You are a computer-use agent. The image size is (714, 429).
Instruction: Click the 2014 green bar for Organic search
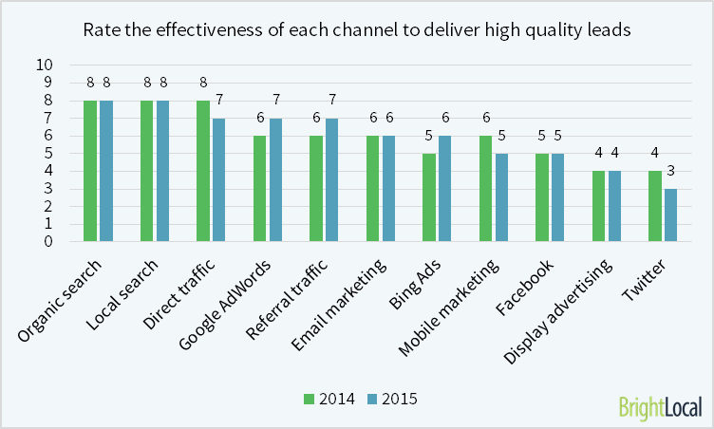pos(90,171)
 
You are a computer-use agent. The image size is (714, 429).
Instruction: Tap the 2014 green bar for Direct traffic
pos(203,171)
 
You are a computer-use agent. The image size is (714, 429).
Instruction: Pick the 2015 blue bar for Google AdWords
pos(276,179)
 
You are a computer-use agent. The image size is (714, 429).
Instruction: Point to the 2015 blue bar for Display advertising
pos(615,206)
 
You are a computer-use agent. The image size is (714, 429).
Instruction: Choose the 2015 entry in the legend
pos(391,399)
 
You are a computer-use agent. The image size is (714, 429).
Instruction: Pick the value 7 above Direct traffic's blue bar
pos(219,100)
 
